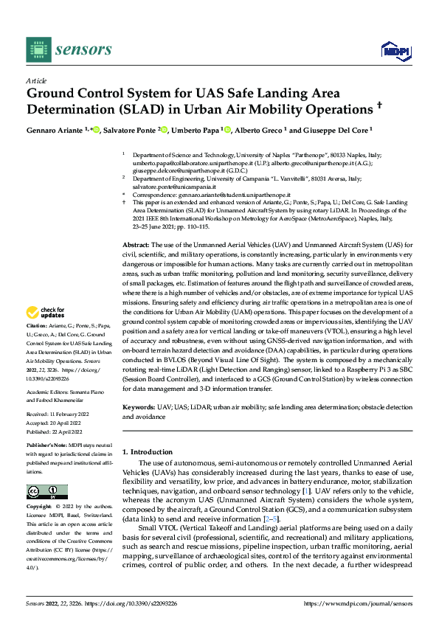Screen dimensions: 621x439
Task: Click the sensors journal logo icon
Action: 38,49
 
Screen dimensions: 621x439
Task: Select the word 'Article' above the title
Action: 36,80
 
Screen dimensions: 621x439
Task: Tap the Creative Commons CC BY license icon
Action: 46,492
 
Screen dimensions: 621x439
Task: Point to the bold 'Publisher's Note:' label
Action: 49,447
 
